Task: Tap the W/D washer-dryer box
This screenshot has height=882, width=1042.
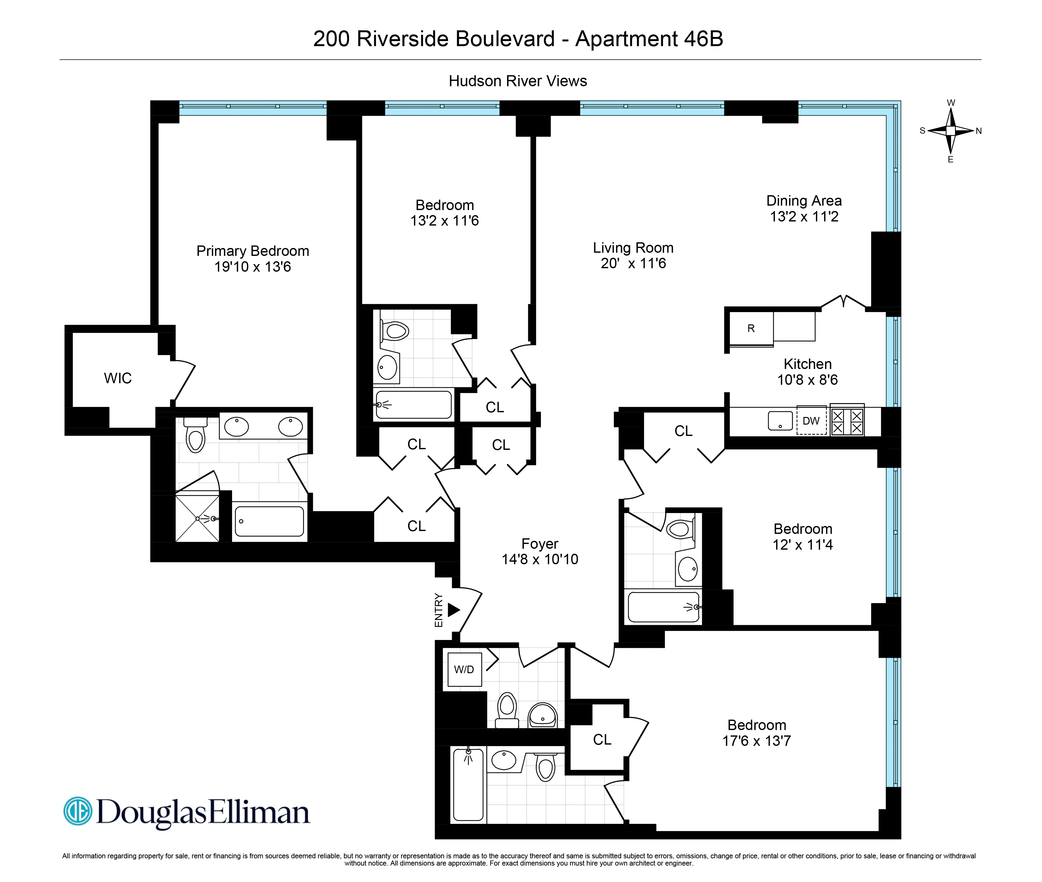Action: click(464, 669)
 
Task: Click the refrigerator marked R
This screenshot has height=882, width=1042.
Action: click(751, 329)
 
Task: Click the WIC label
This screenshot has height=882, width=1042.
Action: click(118, 378)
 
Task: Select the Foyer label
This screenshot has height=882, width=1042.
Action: click(540, 543)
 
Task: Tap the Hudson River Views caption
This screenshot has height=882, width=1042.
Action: click(518, 81)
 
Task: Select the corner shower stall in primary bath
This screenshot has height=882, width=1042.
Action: click(197, 518)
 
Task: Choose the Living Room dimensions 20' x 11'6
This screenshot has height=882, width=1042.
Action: click(633, 263)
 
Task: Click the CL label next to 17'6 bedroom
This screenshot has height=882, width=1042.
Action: click(602, 740)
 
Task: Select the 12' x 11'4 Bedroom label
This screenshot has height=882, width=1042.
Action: click(803, 529)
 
